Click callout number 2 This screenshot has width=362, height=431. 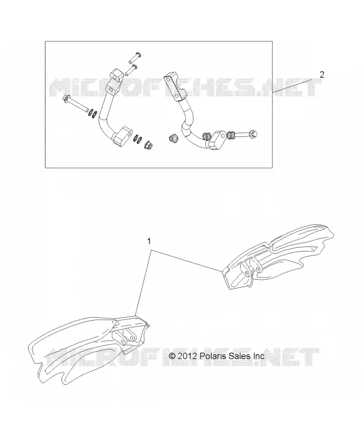322,74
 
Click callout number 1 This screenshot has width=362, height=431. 149,241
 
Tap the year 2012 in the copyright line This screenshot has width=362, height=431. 187,356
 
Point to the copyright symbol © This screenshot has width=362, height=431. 172,356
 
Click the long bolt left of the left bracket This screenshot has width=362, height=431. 75,104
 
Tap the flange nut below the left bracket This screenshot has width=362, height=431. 149,144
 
